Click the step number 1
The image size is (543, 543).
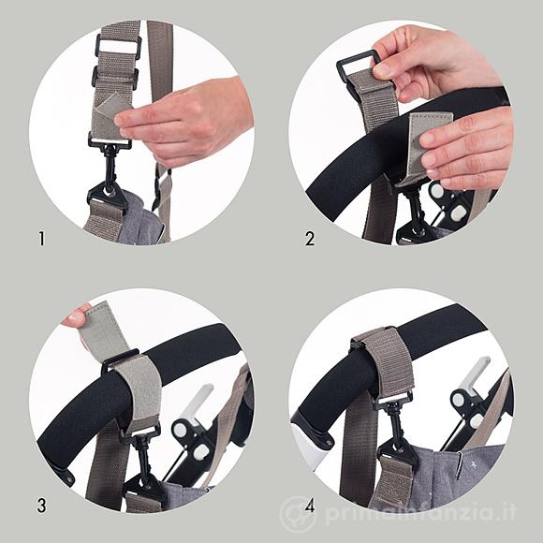(42, 239)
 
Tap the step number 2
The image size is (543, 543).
(310, 239)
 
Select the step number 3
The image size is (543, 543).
(41, 506)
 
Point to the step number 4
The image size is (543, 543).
(310, 506)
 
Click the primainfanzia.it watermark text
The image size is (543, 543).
(420, 512)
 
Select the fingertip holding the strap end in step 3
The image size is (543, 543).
(76, 316)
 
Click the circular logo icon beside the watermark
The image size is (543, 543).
(296, 513)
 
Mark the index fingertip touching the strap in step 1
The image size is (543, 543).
(121, 120)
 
